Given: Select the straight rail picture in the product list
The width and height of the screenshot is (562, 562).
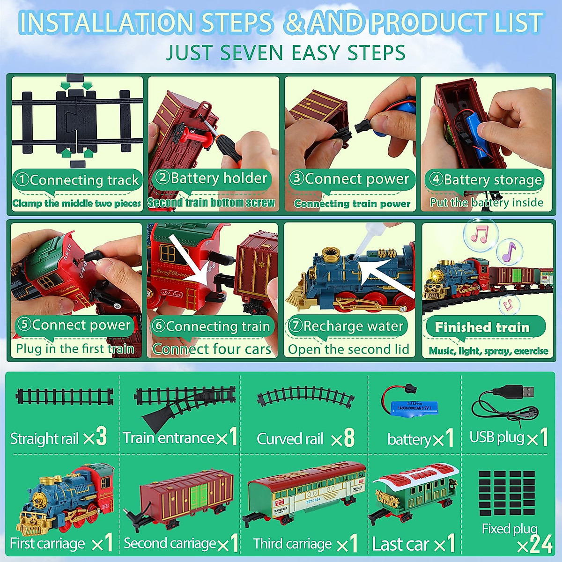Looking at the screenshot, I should point(65,397).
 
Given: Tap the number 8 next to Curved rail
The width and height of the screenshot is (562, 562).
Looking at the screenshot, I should point(349,438).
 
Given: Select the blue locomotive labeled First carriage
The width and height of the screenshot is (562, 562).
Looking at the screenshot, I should point(66,498).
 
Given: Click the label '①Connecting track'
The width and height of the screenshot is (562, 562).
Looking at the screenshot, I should point(77,180).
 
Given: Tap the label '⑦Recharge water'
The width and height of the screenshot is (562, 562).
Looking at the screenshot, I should point(347,326).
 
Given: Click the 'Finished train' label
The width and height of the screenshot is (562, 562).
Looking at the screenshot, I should point(482,327).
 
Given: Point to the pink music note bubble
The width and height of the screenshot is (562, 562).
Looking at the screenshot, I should point(479,234).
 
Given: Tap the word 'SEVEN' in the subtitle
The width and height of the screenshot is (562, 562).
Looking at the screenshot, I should point(255,52).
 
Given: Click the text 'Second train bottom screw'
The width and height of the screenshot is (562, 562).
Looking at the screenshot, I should point(211,203).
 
